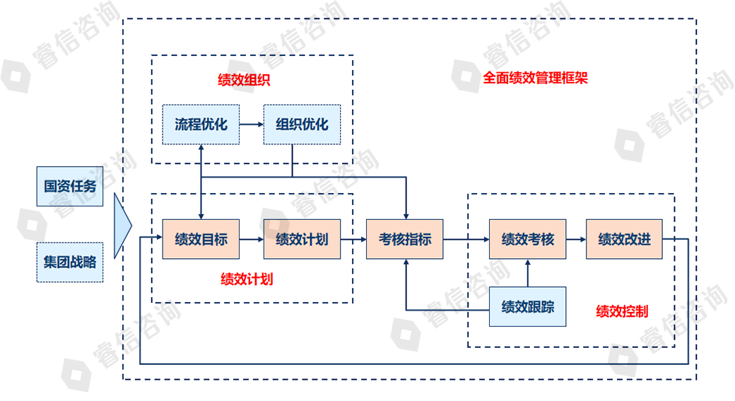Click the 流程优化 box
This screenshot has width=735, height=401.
pyautogui.click(x=201, y=124)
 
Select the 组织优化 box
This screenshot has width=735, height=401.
pyautogui.click(x=302, y=124)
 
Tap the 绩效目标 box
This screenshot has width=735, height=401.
pyautogui.click(x=201, y=239)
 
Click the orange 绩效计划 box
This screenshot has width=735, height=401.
pyautogui.click(x=302, y=239)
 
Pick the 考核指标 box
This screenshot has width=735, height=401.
pyautogui.click(x=404, y=239)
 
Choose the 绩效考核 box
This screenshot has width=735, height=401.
pyautogui.click(x=527, y=239)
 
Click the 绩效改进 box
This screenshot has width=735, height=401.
pyautogui.click(x=624, y=239)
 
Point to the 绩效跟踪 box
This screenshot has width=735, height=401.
pyautogui.click(x=527, y=307)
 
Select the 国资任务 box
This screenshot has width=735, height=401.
pyautogui.click(x=70, y=187)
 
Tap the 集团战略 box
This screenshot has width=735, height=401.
pyautogui.click(x=70, y=262)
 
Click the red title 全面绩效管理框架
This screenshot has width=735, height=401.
pyautogui.click(x=535, y=78)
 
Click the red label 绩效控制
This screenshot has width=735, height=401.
pyautogui.click(x=622, y=311)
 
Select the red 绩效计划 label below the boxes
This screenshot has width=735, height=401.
pyautogui.click(x=247, y=279)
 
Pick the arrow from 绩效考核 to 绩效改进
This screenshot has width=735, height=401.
pyautogui.click(x=575, y=239)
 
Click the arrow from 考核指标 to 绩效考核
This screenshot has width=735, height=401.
pyautogui.click(x=466, y=239)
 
